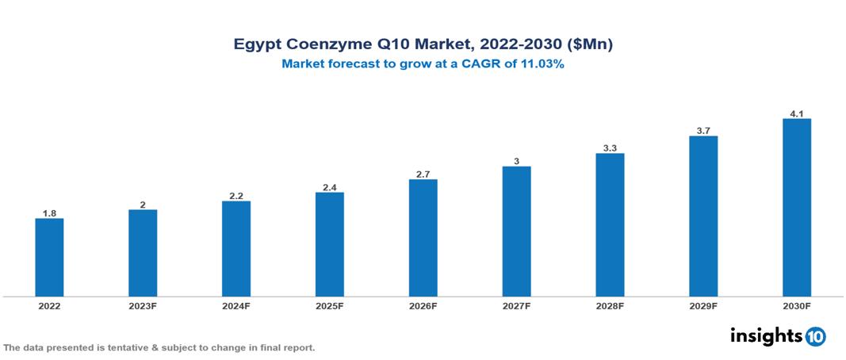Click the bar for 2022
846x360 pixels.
tap(49, 257)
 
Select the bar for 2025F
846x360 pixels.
tap(329, 244)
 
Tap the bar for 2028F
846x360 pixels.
tap(610, 224)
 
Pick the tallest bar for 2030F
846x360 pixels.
tap(796, 207)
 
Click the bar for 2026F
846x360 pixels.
tap(423, 237)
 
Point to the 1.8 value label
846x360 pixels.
tap(49, 213)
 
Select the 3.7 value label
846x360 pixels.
tap(703, 130)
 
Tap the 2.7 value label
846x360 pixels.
tap(423, 174)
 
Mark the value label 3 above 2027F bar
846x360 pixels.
tap(516, 161)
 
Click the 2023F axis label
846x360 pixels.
tap(143, 305)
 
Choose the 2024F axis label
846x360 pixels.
tap(235, 305)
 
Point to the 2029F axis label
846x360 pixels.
tap(703, 305)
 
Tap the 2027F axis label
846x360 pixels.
tap(516, 305)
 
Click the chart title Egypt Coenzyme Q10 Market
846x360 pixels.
tap(423, 45)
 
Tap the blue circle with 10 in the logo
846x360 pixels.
tap(815, 336)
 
